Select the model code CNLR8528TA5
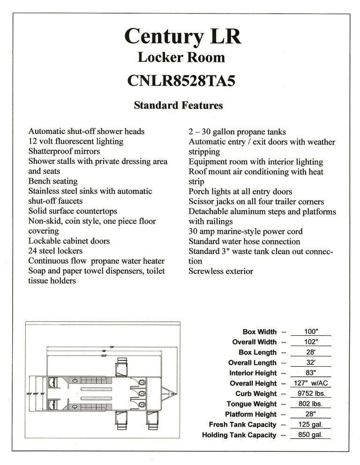click(x=181, y=81)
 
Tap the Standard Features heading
click(x=178, y=105)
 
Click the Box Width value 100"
click(x=311, y=332)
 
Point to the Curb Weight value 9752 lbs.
click(x=311, y=394)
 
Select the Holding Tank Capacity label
click(x=239, y=435)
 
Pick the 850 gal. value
click(x=311, y=435)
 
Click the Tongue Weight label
click(x=252, y=404)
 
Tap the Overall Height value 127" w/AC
click(x=311, y=384)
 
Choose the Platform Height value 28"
click(x=311, y=414)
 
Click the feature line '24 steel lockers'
click(x=55, y=251)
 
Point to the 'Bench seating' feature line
click(x=53, y=181)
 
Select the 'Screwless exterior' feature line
click(x=221, y=271)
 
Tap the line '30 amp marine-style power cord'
click(x=246, y=231)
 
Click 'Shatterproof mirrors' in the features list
click(x=64, y=151)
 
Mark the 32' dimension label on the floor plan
click(x=112, y=347)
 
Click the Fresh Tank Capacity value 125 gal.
click(x=311, y=425)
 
